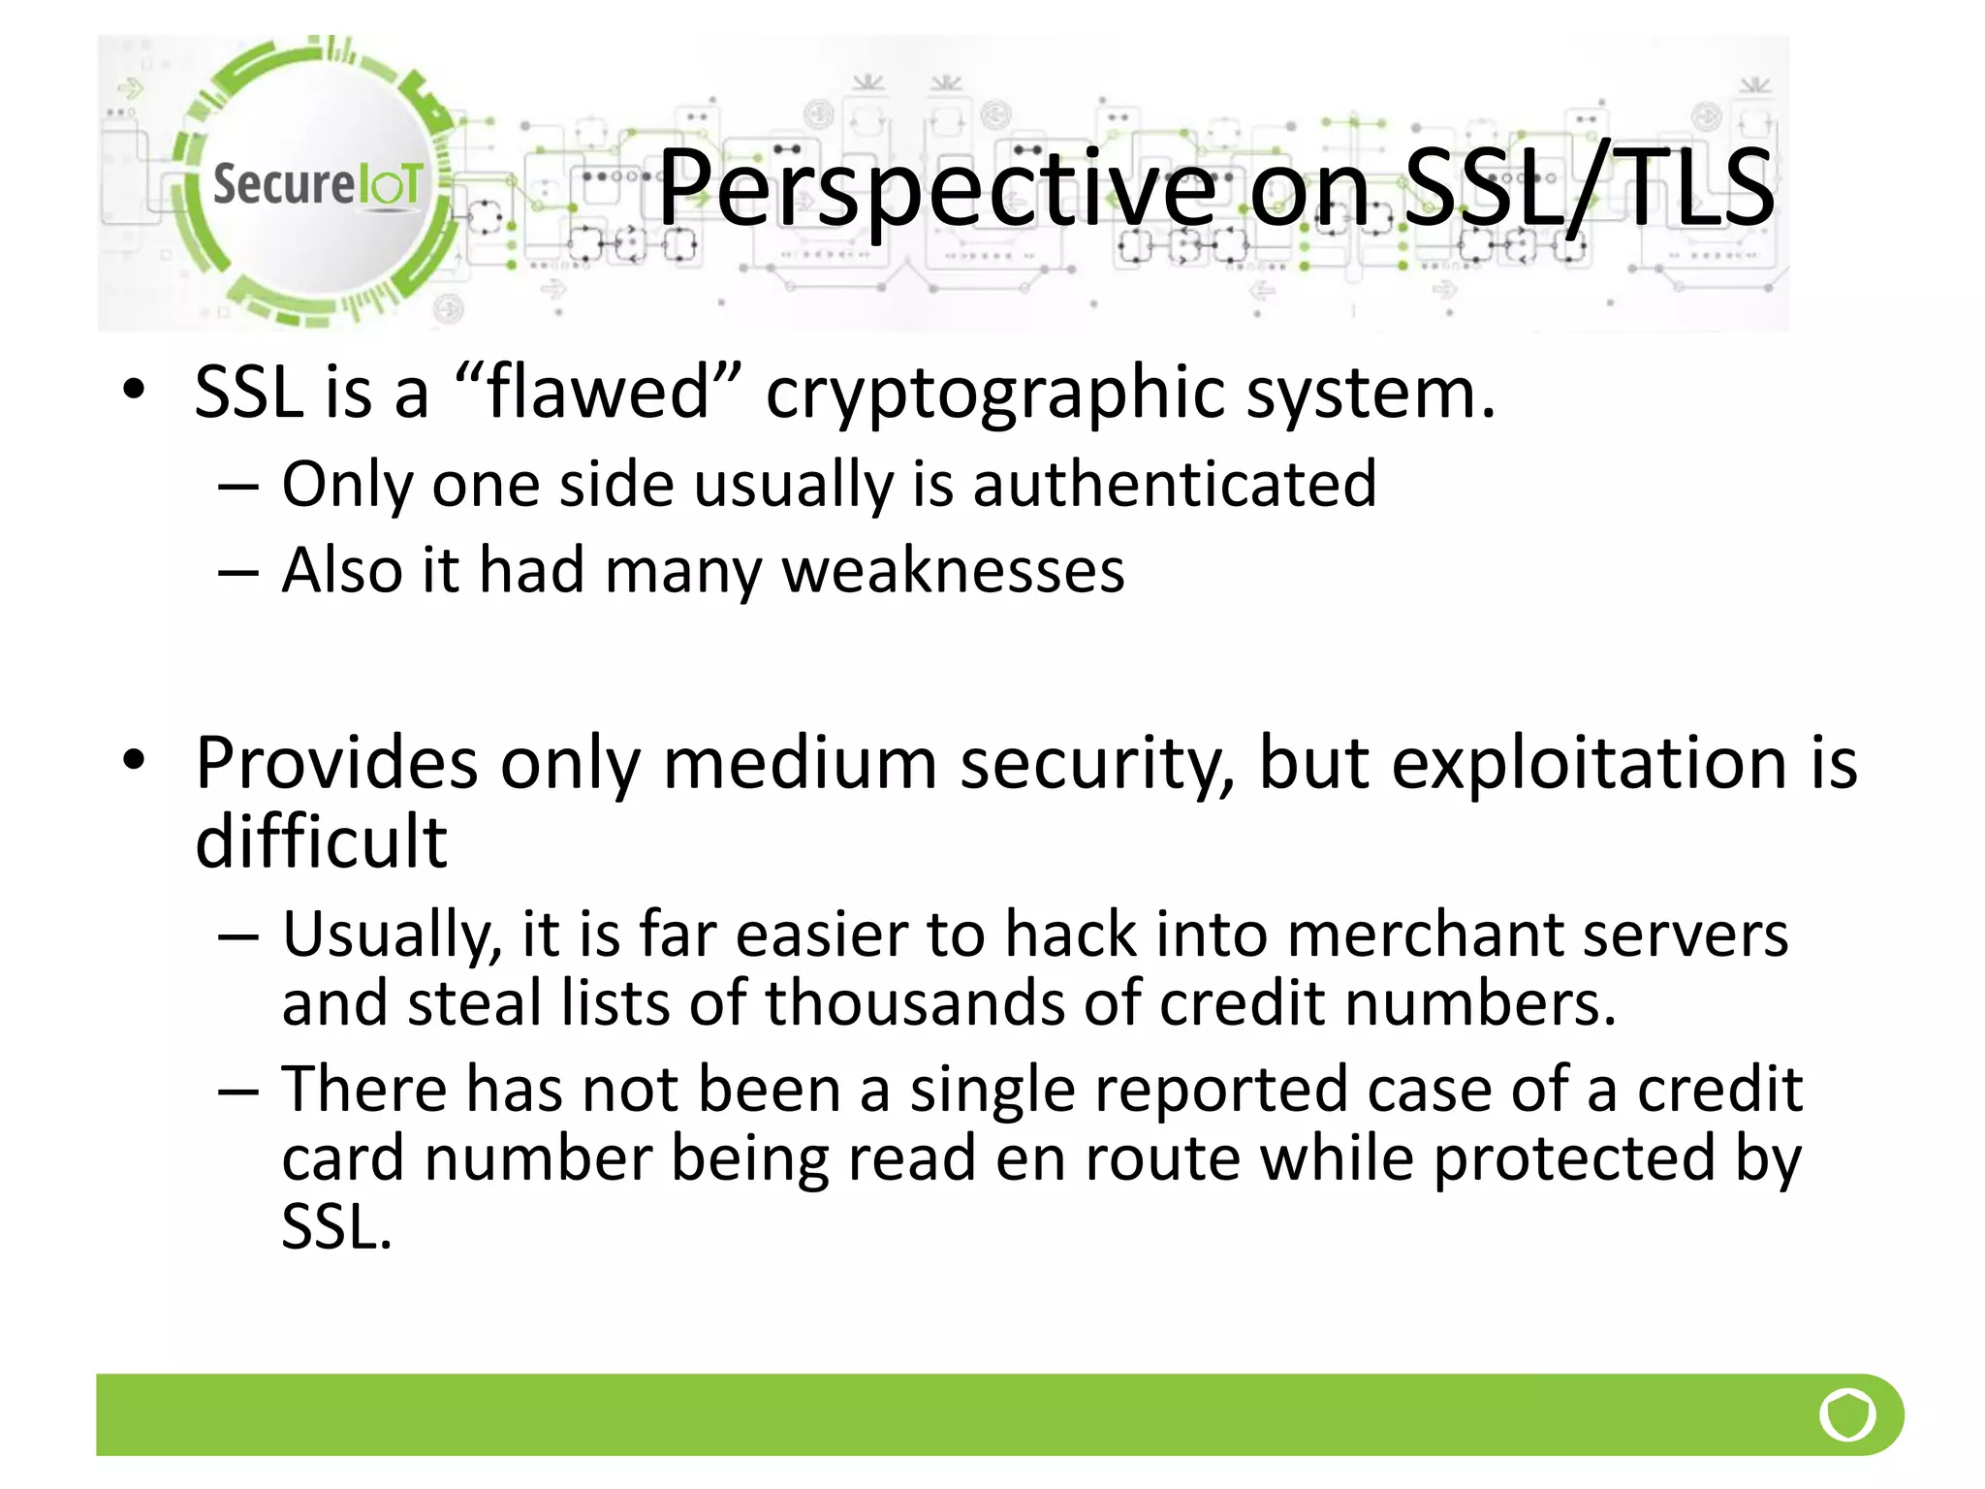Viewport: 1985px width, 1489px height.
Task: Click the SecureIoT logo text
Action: tap(317, 184)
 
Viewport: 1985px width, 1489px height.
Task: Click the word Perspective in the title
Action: tap(935, 189)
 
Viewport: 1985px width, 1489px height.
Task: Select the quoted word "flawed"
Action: tap(599, 392)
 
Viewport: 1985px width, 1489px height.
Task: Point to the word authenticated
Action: tap(1174, 484)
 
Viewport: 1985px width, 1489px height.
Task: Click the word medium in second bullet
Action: tap(800, 763)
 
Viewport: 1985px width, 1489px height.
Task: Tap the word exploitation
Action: tap(1590, 763)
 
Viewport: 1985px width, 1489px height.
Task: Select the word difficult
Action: tap(321, 840)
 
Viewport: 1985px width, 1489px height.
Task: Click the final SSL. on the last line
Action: tap(336, 1227)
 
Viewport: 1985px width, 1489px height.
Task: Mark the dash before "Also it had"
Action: tap(238, 572)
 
